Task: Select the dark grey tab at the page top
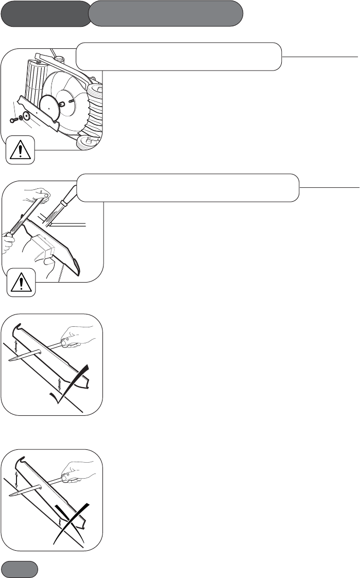coord(45,13)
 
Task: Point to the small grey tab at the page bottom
coord(20,569)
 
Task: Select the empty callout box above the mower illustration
coord(179,56)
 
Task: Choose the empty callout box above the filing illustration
coord(188,187)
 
